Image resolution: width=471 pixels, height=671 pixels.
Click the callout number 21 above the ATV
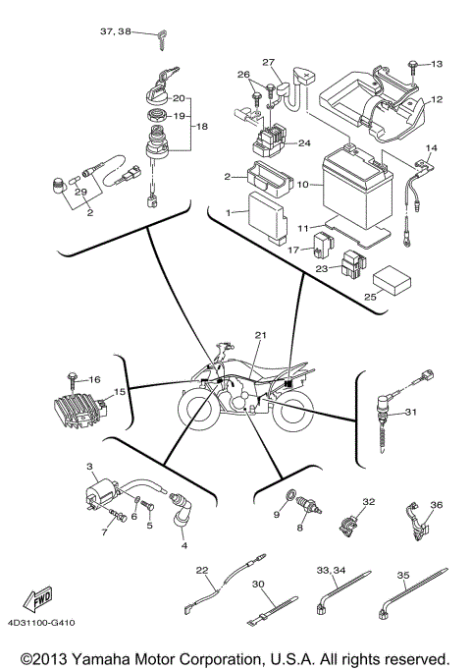pos(261,336)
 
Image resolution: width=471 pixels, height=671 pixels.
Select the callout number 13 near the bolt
pos(437,64)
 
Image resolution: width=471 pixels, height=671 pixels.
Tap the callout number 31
pos(411,413)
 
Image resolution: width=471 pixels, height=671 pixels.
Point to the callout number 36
pos(437,506)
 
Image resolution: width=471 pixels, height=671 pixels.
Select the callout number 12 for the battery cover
pos(437,99)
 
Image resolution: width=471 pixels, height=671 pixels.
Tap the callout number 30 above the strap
pos(258,585)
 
